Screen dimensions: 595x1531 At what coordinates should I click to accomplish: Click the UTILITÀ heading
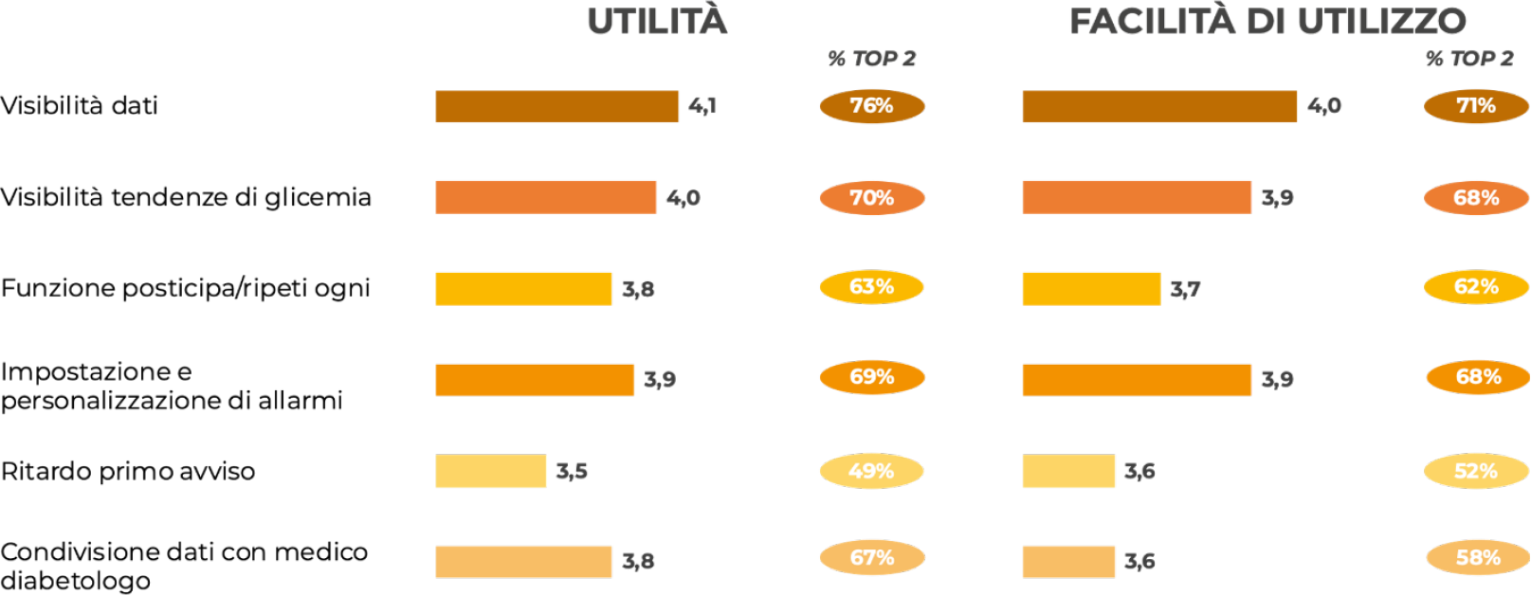tap(657, 22)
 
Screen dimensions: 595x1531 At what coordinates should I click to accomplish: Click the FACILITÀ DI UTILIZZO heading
tap(1267, 22)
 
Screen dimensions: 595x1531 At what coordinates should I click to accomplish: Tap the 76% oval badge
tap(871, 106)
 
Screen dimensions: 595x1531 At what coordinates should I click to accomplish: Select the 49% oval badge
tap(871, 471)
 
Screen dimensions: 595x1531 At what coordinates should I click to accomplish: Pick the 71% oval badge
tap(1476, 106)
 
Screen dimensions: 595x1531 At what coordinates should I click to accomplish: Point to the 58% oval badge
tap(1478, 558)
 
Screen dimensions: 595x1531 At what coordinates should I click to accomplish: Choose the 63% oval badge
tap(871, 287)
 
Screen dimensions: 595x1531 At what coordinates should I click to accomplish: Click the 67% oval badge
tap(871, 558)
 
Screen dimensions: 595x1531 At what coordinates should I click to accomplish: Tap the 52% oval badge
tap(1476, 471)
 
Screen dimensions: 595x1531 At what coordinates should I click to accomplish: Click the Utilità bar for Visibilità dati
tap(556, 106)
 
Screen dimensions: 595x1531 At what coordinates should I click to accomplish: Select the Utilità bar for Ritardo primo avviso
tap(490, 471)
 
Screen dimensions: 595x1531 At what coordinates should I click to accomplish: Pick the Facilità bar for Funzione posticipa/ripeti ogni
tap(1091, 289)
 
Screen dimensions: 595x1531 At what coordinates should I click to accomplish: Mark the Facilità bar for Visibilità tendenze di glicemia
tap(1137, 197)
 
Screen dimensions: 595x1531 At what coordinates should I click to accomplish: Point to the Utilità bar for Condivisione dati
tap(523, 562)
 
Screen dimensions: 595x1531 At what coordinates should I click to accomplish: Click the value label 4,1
tap(702, 106)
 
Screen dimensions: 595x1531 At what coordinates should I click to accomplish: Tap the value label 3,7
tap(1185, 289)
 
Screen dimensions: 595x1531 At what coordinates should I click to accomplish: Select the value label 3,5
tap(572, 471)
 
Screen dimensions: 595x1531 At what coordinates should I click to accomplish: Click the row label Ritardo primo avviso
tap(128, 471)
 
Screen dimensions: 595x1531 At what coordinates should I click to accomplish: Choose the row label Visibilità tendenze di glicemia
tap(186, 197)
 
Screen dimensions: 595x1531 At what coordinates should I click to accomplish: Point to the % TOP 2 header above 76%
tap(871, 59)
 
